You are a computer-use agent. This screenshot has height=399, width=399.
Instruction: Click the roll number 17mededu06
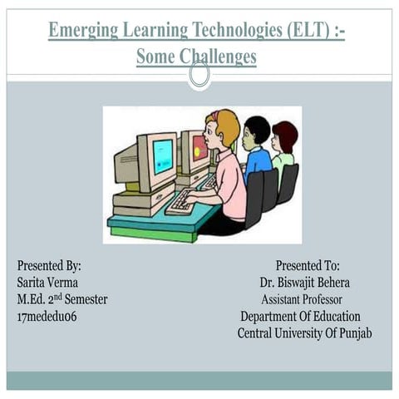[x=47, y=317]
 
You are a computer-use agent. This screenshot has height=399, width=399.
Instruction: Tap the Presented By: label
[x=50, y=266]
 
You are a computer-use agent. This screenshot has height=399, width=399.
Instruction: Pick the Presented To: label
[x=308, y=266]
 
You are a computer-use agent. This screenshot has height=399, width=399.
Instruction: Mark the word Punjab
[x=352, y=333]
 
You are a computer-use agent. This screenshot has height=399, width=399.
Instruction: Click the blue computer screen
[x=163, y=155]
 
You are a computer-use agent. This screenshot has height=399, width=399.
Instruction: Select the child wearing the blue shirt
[x=257, y=150]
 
